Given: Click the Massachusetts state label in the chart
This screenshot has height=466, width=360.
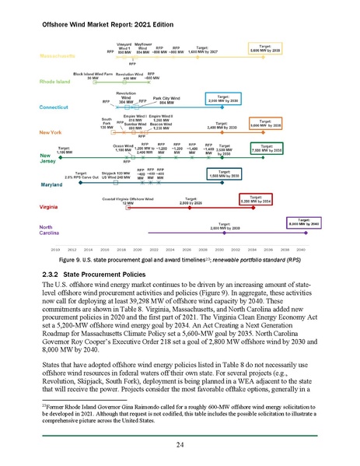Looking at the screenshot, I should (59, 58).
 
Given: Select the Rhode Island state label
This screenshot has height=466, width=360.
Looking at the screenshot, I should (57, 81).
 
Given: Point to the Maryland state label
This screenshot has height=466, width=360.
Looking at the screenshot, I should (51, 186).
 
